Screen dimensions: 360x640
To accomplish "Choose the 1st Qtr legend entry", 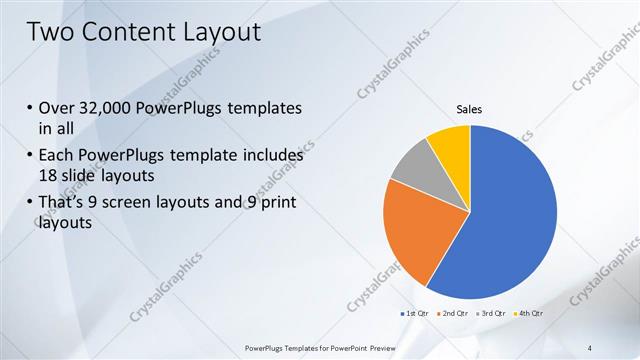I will click(416, 314).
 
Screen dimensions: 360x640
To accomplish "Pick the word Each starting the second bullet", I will click(54, 156).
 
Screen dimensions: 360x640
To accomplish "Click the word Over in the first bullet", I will click(55, 108).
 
